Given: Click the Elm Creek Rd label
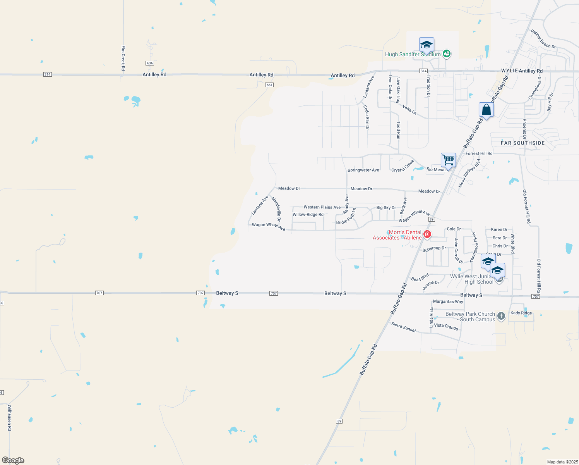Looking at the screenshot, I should [123, 58].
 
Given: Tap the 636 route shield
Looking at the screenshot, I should [150, 63].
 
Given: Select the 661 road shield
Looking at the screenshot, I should [269, 85].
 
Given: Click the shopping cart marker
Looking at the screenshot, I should [448, 159].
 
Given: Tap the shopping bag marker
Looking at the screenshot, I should [486, 110].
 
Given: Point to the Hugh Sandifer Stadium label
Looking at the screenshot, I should [413, 55].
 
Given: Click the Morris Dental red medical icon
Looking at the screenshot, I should [427, 234].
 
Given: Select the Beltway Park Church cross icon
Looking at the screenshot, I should [501, 316].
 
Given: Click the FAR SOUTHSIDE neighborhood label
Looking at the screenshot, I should [522, 143].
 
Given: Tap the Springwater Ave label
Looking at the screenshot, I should [363, 170].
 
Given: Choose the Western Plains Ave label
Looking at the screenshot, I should [322, 207].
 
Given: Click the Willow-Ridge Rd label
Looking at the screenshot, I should [308, 215].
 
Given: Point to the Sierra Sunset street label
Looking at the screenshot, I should [403, 327].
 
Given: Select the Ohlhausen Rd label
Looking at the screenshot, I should [9, 418].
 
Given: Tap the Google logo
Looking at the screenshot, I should [13, 460].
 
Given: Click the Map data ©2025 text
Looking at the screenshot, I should [562, 462].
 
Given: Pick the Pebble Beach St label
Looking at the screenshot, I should [543, 39].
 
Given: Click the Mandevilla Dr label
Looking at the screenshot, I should [276, 209].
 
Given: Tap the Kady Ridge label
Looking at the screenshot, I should [521, 313].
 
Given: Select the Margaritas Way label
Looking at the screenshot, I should [448, 301].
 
